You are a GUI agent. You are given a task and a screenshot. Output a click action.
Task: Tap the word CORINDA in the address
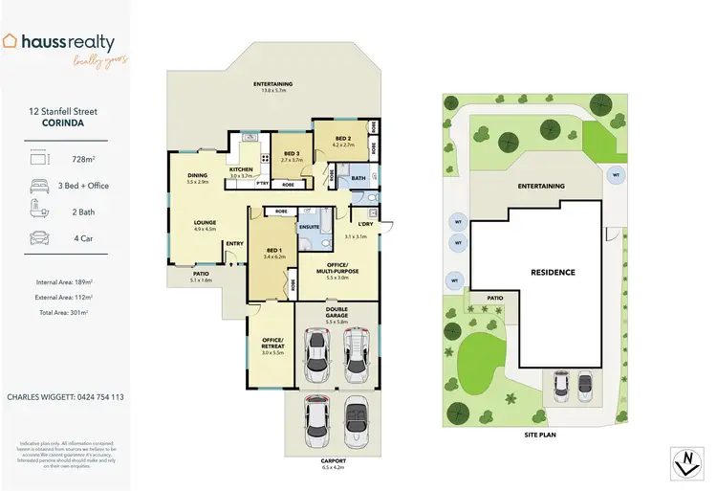(63, 123)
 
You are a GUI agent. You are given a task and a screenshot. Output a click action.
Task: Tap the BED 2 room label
(342, 139)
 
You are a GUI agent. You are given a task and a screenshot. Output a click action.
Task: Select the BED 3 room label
(291, 155)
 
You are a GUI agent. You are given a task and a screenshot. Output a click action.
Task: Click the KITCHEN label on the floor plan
(241, 169)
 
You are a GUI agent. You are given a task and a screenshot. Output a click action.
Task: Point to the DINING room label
(198, 176)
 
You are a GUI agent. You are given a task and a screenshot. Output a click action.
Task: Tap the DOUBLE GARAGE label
(336, 311)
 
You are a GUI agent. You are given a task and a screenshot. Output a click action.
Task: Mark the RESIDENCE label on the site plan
(553, 273)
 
